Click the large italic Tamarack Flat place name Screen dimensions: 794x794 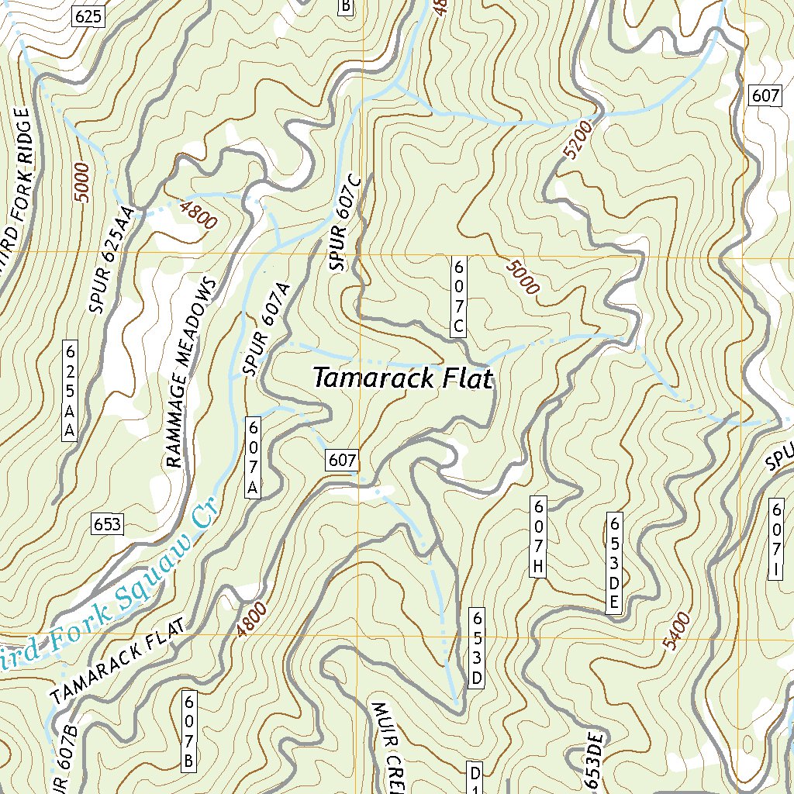pos(402,378)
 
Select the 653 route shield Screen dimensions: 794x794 pos(106,524)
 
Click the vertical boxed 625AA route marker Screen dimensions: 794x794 pos(70,390)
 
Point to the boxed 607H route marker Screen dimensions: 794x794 pos(540,537)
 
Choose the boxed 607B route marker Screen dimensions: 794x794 pos(188,732)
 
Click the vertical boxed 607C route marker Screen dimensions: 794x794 pos(458,296)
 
